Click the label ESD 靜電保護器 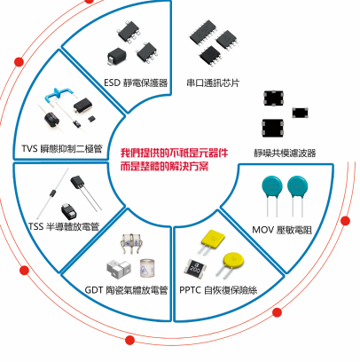pyautogui.click(x=136, y=83)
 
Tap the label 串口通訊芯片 pyautogui.click(x=213, y=83)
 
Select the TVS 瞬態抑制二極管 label pyautogui.click(x=62, y=148)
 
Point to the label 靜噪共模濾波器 pyautogui.click(x=285, y=153)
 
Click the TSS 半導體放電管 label pyautogui.click(x=64, y=226)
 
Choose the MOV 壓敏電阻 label pyautogui.click(x=282, y=230)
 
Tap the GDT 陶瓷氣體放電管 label pyautogui.click(x=127, y=290)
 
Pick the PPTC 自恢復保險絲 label pyautogui.click(x=218, y=290)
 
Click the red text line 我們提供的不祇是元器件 pyautogui.click(x=174, y=153)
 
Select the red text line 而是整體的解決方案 pyautogui.click(x=164, y=166)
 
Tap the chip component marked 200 pyautogui.click(x=195, y=268)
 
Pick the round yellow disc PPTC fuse pyautogui.click(x=231, y=263)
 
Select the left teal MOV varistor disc pyautogui.click(x=272, y=195)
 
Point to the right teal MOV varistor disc pyautogui.click(x=298, y=195)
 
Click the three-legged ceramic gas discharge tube pyautogui.click(x=131, y=243)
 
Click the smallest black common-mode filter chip pyautogui.click(x=301, y=113)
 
